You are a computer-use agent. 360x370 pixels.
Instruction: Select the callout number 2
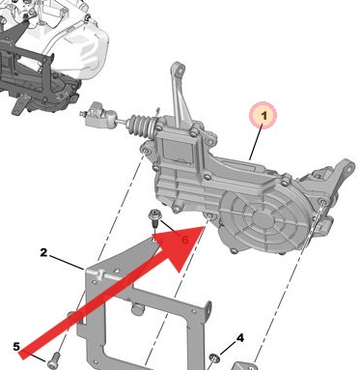coord(43,253)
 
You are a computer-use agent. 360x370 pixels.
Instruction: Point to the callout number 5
coord(15,345)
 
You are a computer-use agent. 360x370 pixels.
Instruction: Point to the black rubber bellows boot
coord(139,127)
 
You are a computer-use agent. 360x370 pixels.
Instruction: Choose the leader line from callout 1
coord(253,144)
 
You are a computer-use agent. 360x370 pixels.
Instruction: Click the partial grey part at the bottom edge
coord(249,364)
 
